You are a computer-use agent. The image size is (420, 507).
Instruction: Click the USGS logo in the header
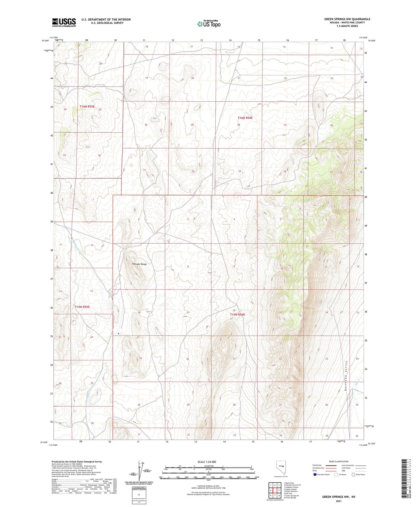64,22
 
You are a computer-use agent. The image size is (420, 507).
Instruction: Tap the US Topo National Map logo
208,24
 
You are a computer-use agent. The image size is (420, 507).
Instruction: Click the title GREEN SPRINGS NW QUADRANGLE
347,19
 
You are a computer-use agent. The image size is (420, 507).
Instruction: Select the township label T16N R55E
87,107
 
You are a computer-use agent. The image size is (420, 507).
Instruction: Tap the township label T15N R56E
237,314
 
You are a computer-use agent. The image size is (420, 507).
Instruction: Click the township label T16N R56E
245,118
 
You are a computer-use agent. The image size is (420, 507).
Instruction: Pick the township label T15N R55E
82,307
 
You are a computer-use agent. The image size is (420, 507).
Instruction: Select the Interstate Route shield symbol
315,475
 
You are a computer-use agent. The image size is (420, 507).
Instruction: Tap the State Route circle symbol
353,475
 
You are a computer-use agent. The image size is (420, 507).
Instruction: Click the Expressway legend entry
317,465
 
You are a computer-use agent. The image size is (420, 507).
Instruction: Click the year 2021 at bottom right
338,501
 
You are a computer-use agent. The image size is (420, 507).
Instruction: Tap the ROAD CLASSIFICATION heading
339,461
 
